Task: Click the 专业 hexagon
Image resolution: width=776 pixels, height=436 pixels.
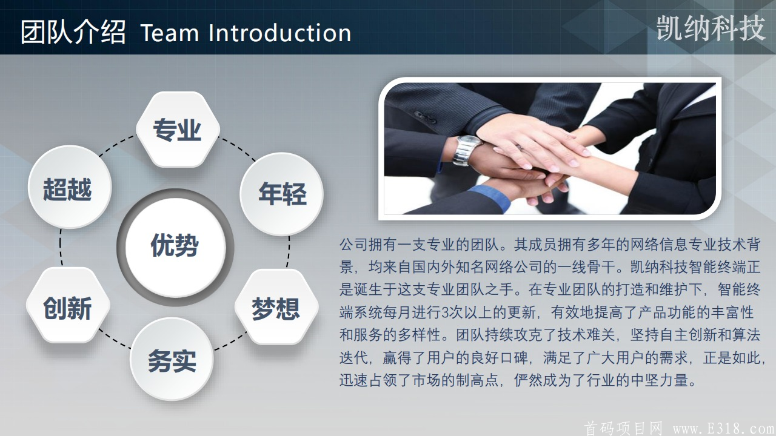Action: point(178,129)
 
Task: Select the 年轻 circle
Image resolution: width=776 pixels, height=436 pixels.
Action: point(282,194)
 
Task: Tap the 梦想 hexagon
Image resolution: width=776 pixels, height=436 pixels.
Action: point(276,307)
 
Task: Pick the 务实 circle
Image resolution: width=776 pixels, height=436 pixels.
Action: point(172,359)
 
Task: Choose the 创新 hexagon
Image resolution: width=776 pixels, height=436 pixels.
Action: point(68,306)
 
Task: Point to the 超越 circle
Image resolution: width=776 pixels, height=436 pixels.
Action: point(70,187)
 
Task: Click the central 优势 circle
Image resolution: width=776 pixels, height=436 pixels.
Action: point(175,247)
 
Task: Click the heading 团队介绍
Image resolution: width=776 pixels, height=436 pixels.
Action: point(73,32)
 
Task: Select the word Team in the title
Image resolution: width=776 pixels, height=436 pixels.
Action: point(170,33)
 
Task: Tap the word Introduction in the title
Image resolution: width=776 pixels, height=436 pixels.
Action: point(280,33)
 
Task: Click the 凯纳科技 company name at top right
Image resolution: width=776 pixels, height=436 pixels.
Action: point(711,28)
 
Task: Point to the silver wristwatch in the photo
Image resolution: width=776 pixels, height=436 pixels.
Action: point(467,150)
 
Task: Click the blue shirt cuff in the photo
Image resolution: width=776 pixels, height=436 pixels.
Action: point(491,197)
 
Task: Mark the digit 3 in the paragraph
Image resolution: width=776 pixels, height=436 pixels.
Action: point(445,312)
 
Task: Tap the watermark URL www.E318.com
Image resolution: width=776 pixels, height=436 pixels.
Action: point(724,429)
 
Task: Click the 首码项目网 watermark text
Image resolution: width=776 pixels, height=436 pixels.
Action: point(623,428)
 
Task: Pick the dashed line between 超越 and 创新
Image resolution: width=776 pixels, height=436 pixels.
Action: point(61,247)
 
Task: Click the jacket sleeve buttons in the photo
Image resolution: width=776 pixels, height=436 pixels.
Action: point(425,117)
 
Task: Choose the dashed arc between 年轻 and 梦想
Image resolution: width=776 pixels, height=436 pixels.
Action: point(289,252)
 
